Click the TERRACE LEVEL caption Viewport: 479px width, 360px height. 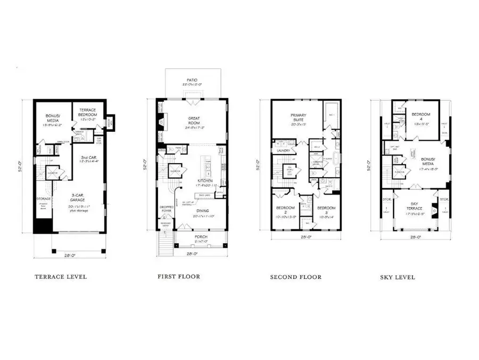click(61, 277)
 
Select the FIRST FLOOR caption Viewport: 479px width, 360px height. click(179, 276)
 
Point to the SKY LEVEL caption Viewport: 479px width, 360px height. click(398, 277)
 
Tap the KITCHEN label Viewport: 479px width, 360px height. click(205, 181)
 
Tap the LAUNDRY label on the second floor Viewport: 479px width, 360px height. click(283, 150)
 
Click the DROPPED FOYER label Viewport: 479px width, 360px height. click(166, 209)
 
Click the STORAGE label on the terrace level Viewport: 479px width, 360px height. click(44, 199)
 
